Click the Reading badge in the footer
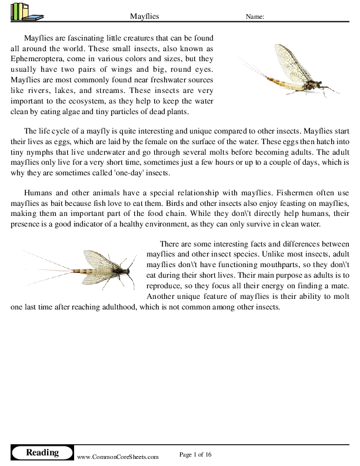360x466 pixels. pyautogui.click(x=42, y=452)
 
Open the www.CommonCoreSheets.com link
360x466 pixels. pyautogui.click(x=118, y=457)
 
